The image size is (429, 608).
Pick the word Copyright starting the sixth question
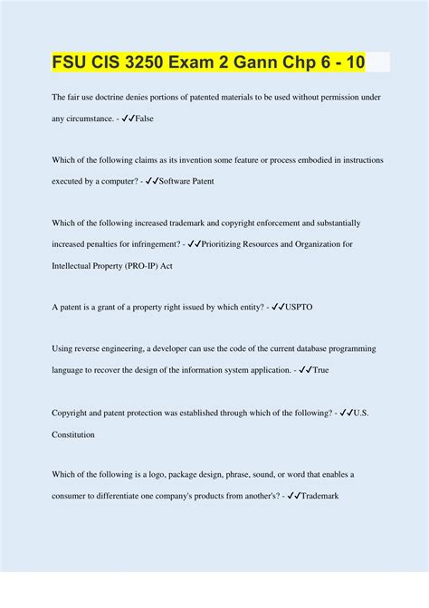pos(74,412)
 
